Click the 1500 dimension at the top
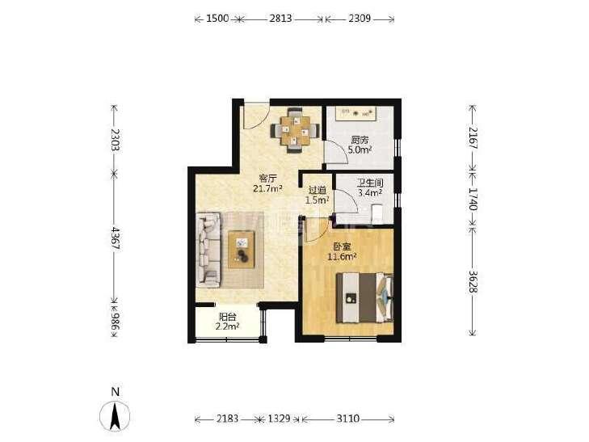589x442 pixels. tap(217, 19)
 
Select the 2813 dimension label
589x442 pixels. tap(280, 19)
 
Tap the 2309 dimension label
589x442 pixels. tap(360, 19)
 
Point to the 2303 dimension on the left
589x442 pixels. tap(115, 140)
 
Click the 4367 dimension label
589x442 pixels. tap(115, 239)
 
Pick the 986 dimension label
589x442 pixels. tap(115, 321)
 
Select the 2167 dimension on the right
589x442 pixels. tap(473, 138)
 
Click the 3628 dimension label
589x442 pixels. tap(473, 282)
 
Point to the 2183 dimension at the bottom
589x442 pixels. tap(227, 419)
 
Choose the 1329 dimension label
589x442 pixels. tap(279, 419)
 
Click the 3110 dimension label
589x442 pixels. tap(348, 419)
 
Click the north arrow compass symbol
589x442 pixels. tap(115, 416)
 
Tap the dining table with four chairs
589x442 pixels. tap(295, 131)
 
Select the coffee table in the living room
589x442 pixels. tap(241, 250)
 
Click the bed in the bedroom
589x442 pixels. tap(364, 298)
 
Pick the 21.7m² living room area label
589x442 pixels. tap(267, 188)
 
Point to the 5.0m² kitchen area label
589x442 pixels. tap(360, 150)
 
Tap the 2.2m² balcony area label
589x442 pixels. tap(228, 326)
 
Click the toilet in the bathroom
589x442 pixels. tap(377, 213)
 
